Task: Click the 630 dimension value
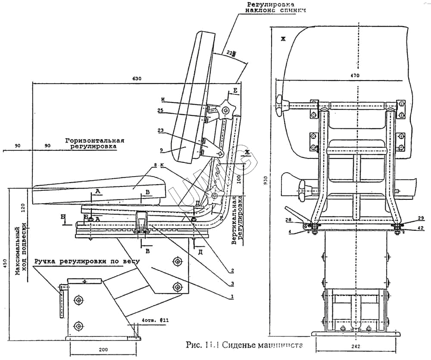137,79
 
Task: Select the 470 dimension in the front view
355,75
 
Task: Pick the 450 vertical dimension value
5,262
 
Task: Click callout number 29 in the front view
421,219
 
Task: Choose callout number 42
421,228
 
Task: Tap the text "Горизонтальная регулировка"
95,144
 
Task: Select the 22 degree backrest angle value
231,53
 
